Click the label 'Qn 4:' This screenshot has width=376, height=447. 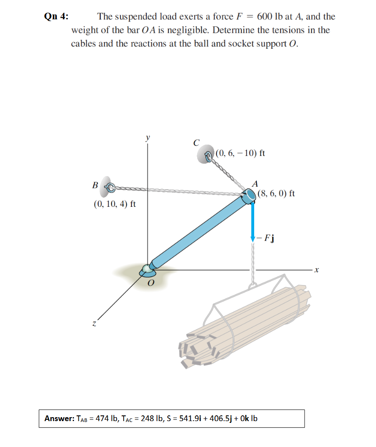[56, 17]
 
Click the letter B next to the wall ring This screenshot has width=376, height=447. [95, 185]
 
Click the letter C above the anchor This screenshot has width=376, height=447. [196, 142]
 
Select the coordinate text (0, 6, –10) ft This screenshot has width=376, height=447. [241, 154]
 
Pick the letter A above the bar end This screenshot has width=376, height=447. [255, 184]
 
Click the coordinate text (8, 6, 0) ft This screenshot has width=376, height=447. [276, 193]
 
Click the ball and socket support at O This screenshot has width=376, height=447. [147, 270]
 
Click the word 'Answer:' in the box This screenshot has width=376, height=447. [59, 418]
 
